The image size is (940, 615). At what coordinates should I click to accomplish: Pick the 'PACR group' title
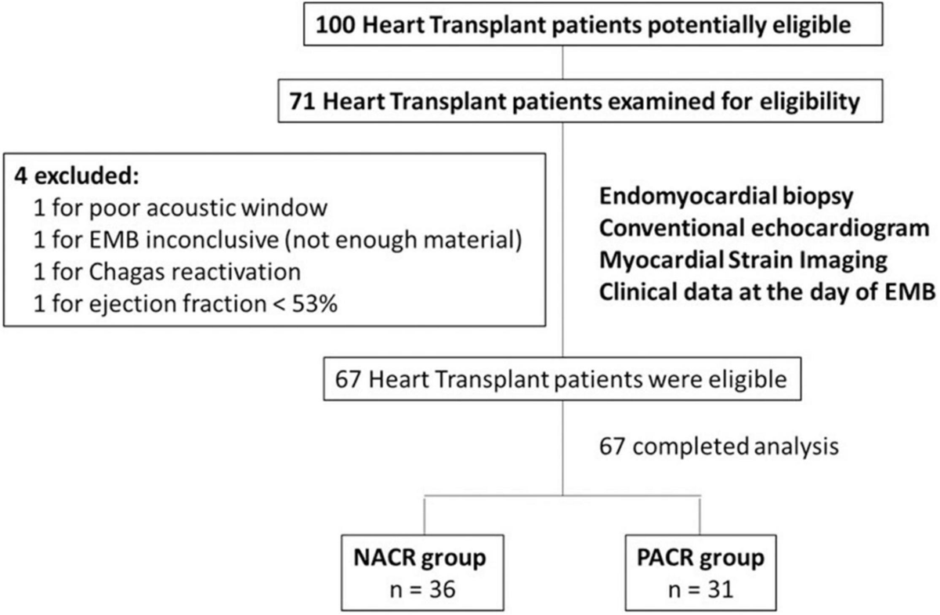[x=699, y=559]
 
